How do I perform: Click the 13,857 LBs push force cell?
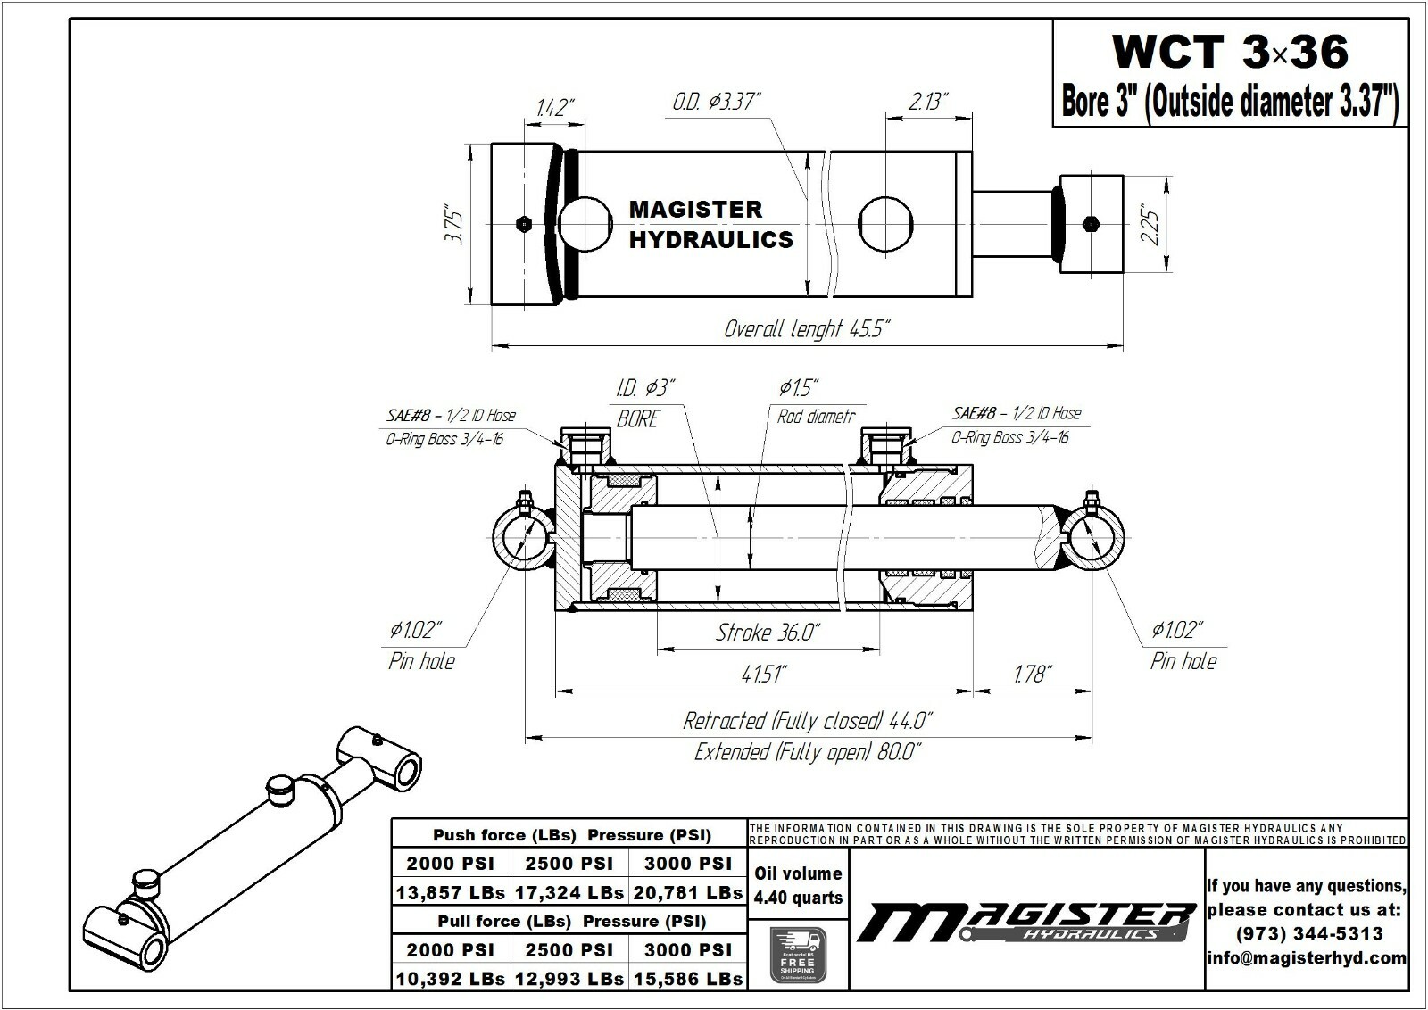451,892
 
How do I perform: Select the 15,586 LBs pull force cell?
688,978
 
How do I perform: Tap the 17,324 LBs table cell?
569,892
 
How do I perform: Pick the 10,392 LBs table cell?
451,978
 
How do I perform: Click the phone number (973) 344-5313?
1308,933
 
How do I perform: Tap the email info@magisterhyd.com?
1307,958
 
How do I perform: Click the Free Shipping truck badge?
798,954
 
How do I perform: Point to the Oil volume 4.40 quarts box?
798,885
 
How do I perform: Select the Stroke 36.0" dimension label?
768,633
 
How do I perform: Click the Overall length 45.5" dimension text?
807,329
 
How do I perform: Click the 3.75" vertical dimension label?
455,228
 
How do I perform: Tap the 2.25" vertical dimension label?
1150,227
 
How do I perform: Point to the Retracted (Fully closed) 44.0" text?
808,720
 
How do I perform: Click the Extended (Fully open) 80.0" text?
808,752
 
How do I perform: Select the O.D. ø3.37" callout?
716,102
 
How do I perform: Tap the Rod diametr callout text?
816,417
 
